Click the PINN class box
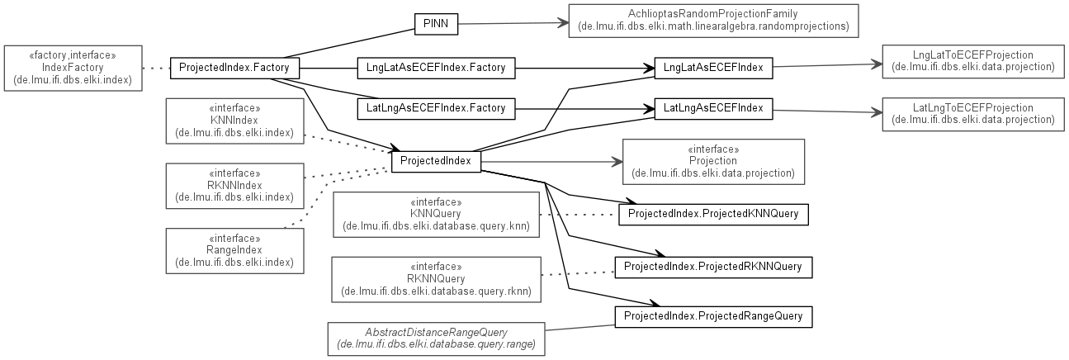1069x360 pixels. pyautogui.click(x=435, y=24)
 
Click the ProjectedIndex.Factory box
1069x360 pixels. pyautogui.click(x=234, y=68)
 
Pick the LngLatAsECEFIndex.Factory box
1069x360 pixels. pyautogui.click(x=436, y=68)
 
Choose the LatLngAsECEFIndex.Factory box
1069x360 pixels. pyautogui.click(x=436, y=107)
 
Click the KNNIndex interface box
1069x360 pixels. pyautogui.click(x=234, y=121)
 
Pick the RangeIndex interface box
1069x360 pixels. pyautogui.click(x=234, y=250)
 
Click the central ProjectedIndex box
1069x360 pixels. pyautogui.click(x=435, y=160)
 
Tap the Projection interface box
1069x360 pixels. pyautogui.click(x=712, y=161)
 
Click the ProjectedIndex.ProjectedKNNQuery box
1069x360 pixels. pyautogui.click(x=712, y=214)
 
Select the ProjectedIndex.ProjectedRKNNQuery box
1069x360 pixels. pyautogui.click(x=712, y=267)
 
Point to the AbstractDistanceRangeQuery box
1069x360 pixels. pyautogui.click(x=436, y=339)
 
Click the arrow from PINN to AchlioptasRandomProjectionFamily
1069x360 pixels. pyautogui.click(x=512, y=24)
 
